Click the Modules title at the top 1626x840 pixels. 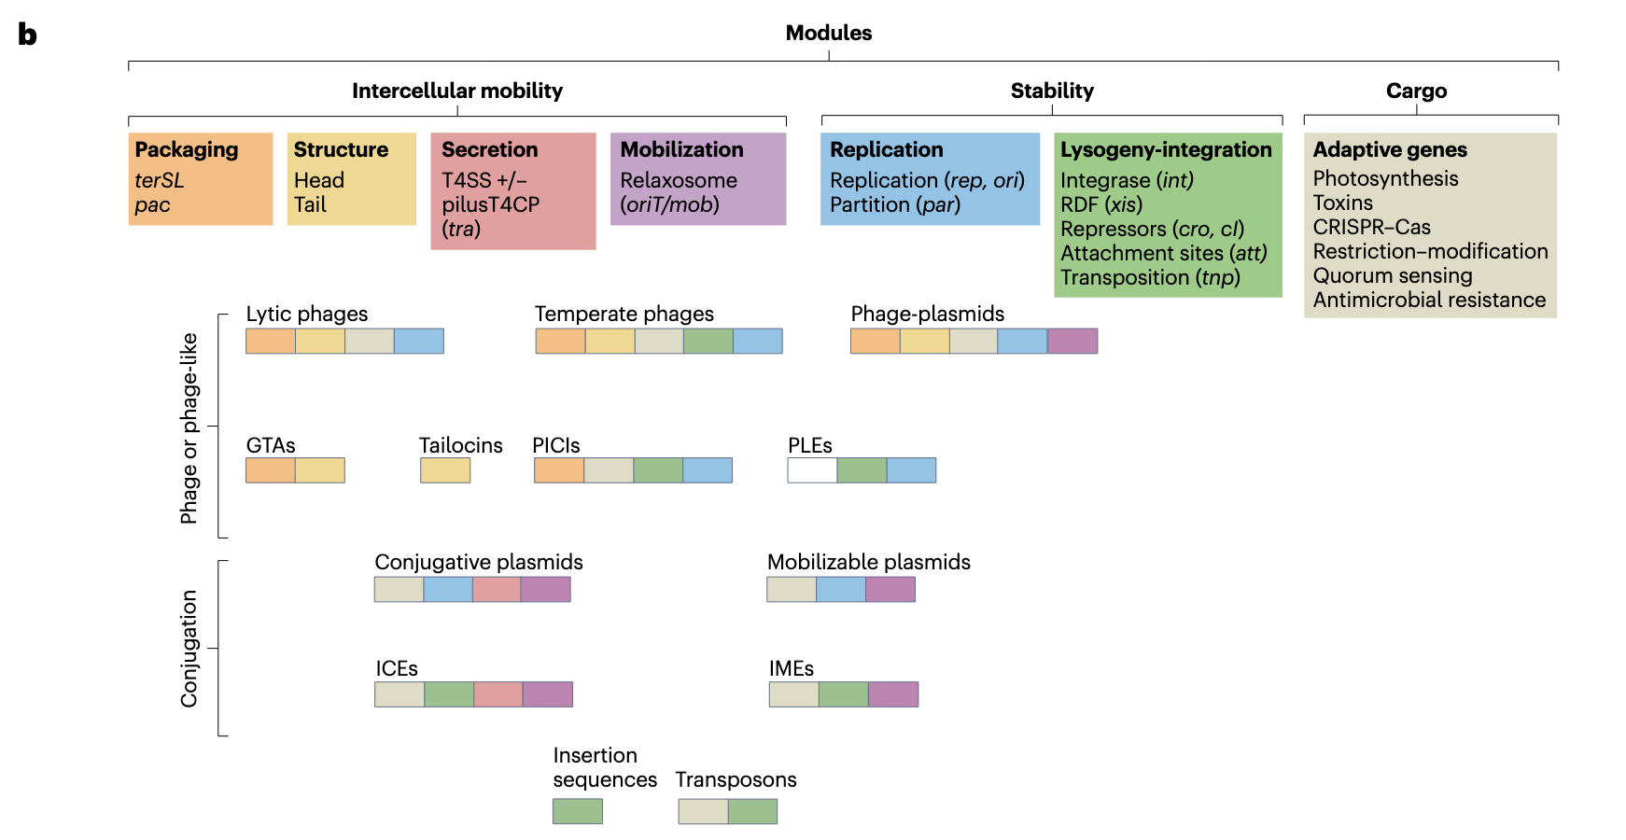[x=828, y=33]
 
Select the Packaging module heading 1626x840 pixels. [x=187, y=149]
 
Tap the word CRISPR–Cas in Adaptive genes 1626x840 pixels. [x=1371, y=227]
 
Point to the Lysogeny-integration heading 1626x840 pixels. [x=1166, y=149]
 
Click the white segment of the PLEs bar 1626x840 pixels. [x=812, y=470]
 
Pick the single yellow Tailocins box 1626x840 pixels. [x=445, y=470]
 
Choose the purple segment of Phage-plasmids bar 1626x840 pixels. [x=1072, y=341]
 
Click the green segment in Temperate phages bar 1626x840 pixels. [x=708, y=341]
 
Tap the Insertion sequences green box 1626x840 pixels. [x=577, y=811]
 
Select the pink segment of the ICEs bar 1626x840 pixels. [x=498, y=694]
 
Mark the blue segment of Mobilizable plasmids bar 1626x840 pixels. [x=840, y=589]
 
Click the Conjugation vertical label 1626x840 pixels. [x=189, y=648]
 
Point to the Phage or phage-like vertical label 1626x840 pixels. [x=189, y=427]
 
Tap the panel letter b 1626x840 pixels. [x=27, y=35]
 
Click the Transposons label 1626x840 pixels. [x=736, y=779]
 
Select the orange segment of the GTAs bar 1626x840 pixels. [x=271, y=470]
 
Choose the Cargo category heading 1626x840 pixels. [x=1416, y=91]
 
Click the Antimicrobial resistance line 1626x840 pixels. [x=1429, y=300]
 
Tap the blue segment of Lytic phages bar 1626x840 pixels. [x=418, y=341]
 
